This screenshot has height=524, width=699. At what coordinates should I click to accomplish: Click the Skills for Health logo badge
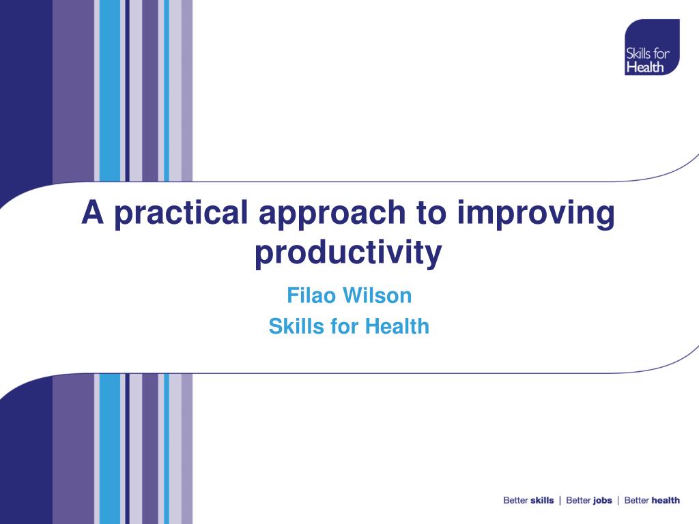652,47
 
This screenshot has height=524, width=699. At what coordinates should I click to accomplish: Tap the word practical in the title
181,214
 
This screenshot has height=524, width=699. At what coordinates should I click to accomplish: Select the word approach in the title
332,214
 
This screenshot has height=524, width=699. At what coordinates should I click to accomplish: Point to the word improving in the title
536,214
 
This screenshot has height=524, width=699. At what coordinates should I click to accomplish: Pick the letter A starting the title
93,212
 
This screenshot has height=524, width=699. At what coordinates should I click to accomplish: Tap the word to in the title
431,213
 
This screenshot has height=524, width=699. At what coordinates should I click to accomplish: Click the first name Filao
311,295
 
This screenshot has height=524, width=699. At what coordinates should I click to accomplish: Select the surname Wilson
377,295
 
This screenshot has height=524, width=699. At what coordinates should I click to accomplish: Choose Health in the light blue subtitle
397,326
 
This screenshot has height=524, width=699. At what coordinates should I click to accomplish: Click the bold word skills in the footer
542,500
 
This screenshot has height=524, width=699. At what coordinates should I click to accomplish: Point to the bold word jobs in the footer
603,501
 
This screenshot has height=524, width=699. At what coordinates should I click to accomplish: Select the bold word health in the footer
666,500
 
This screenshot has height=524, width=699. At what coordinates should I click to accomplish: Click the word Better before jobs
578,500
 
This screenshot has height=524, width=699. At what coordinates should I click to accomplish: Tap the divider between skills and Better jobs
560,501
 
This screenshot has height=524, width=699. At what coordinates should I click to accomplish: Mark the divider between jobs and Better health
618,501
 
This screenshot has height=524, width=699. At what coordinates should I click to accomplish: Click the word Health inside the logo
645,68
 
